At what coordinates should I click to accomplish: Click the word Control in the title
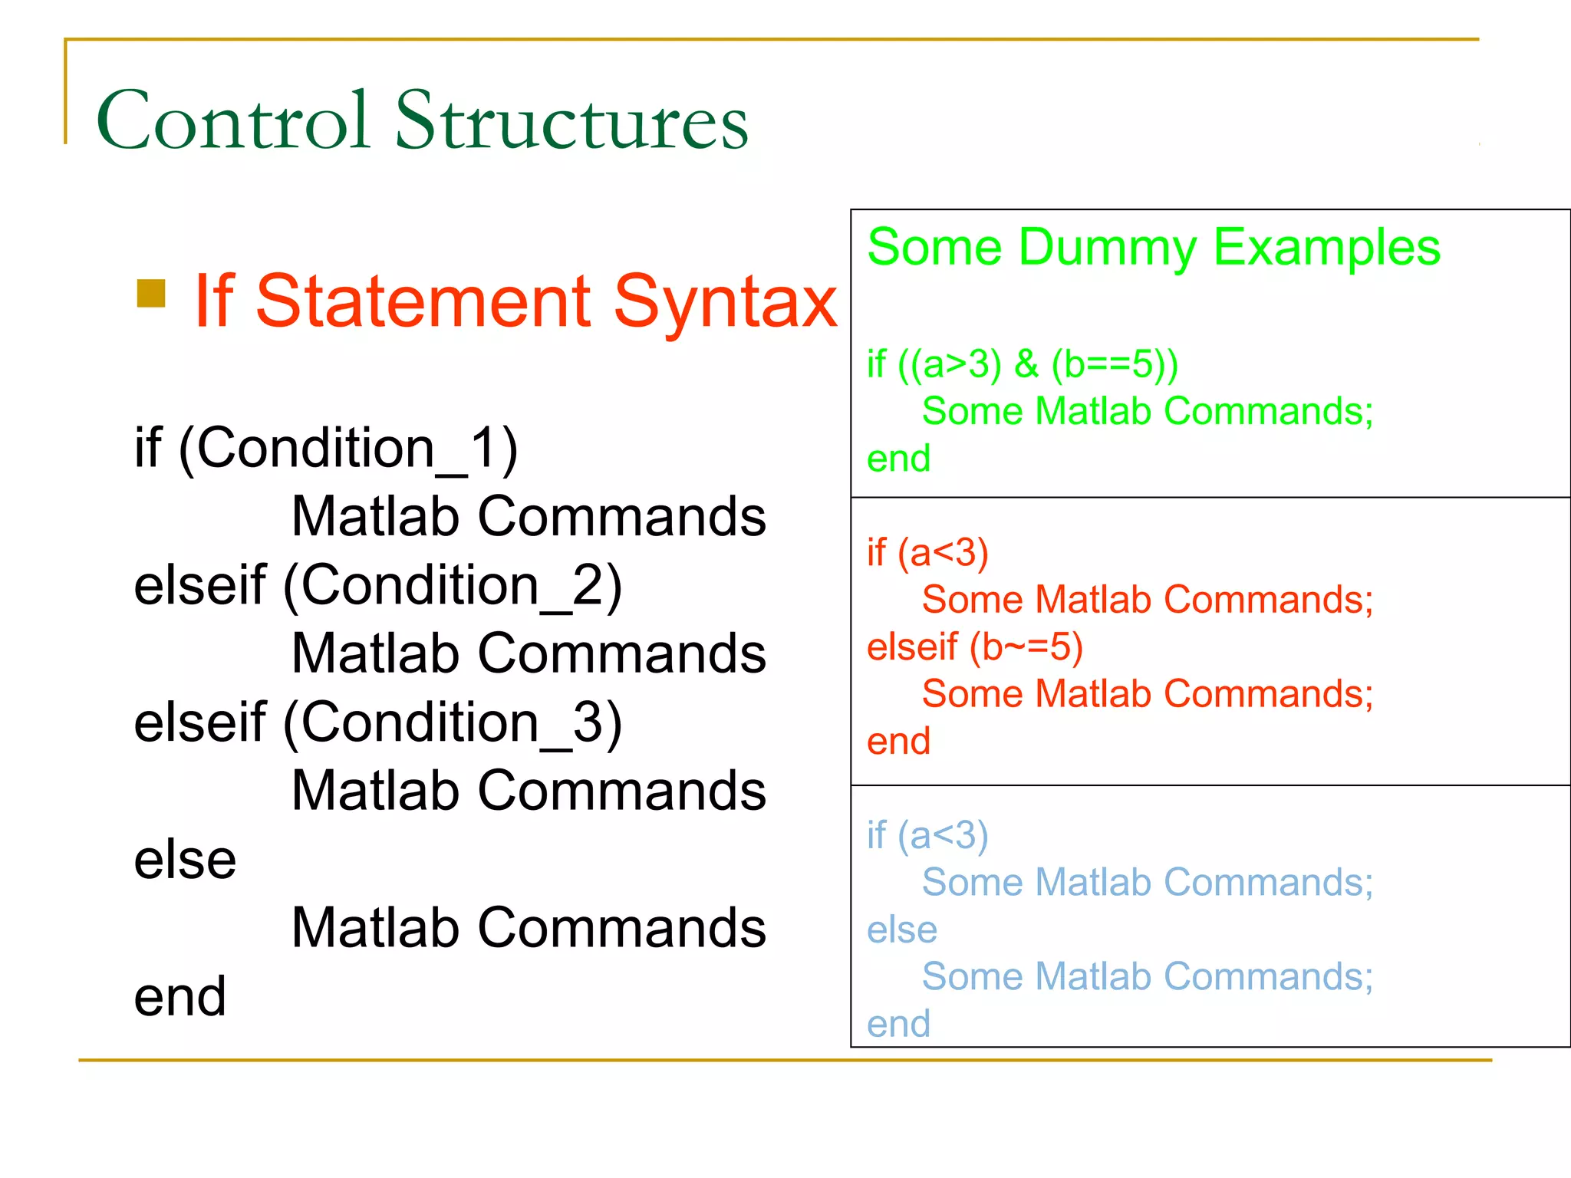point(233,120)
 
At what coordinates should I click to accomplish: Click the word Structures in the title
point(571,120)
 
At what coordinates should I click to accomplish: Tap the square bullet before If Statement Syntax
point(151,293)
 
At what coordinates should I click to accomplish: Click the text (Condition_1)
point(347,448)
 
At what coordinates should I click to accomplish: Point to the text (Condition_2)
point(453,586)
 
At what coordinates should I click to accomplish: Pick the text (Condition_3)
point(453,723)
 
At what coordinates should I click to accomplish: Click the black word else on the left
point(185,860)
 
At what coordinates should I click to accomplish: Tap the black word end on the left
point(179,997)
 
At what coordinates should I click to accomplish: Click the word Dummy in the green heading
point(1107,248)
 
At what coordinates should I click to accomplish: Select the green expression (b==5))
point(1115,364)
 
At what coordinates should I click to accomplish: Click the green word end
point(898,459)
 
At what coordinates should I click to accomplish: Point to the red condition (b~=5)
point(1026,647)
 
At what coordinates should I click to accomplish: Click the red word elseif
point(912,647)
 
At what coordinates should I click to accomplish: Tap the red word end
point(898,742)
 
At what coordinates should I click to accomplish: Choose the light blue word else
point(902,930)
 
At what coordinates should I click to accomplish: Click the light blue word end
point(898,1025)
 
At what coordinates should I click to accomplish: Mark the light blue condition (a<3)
point(943,835)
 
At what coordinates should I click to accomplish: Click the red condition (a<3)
point(943,553)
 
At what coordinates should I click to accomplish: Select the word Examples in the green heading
point(1326,248)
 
